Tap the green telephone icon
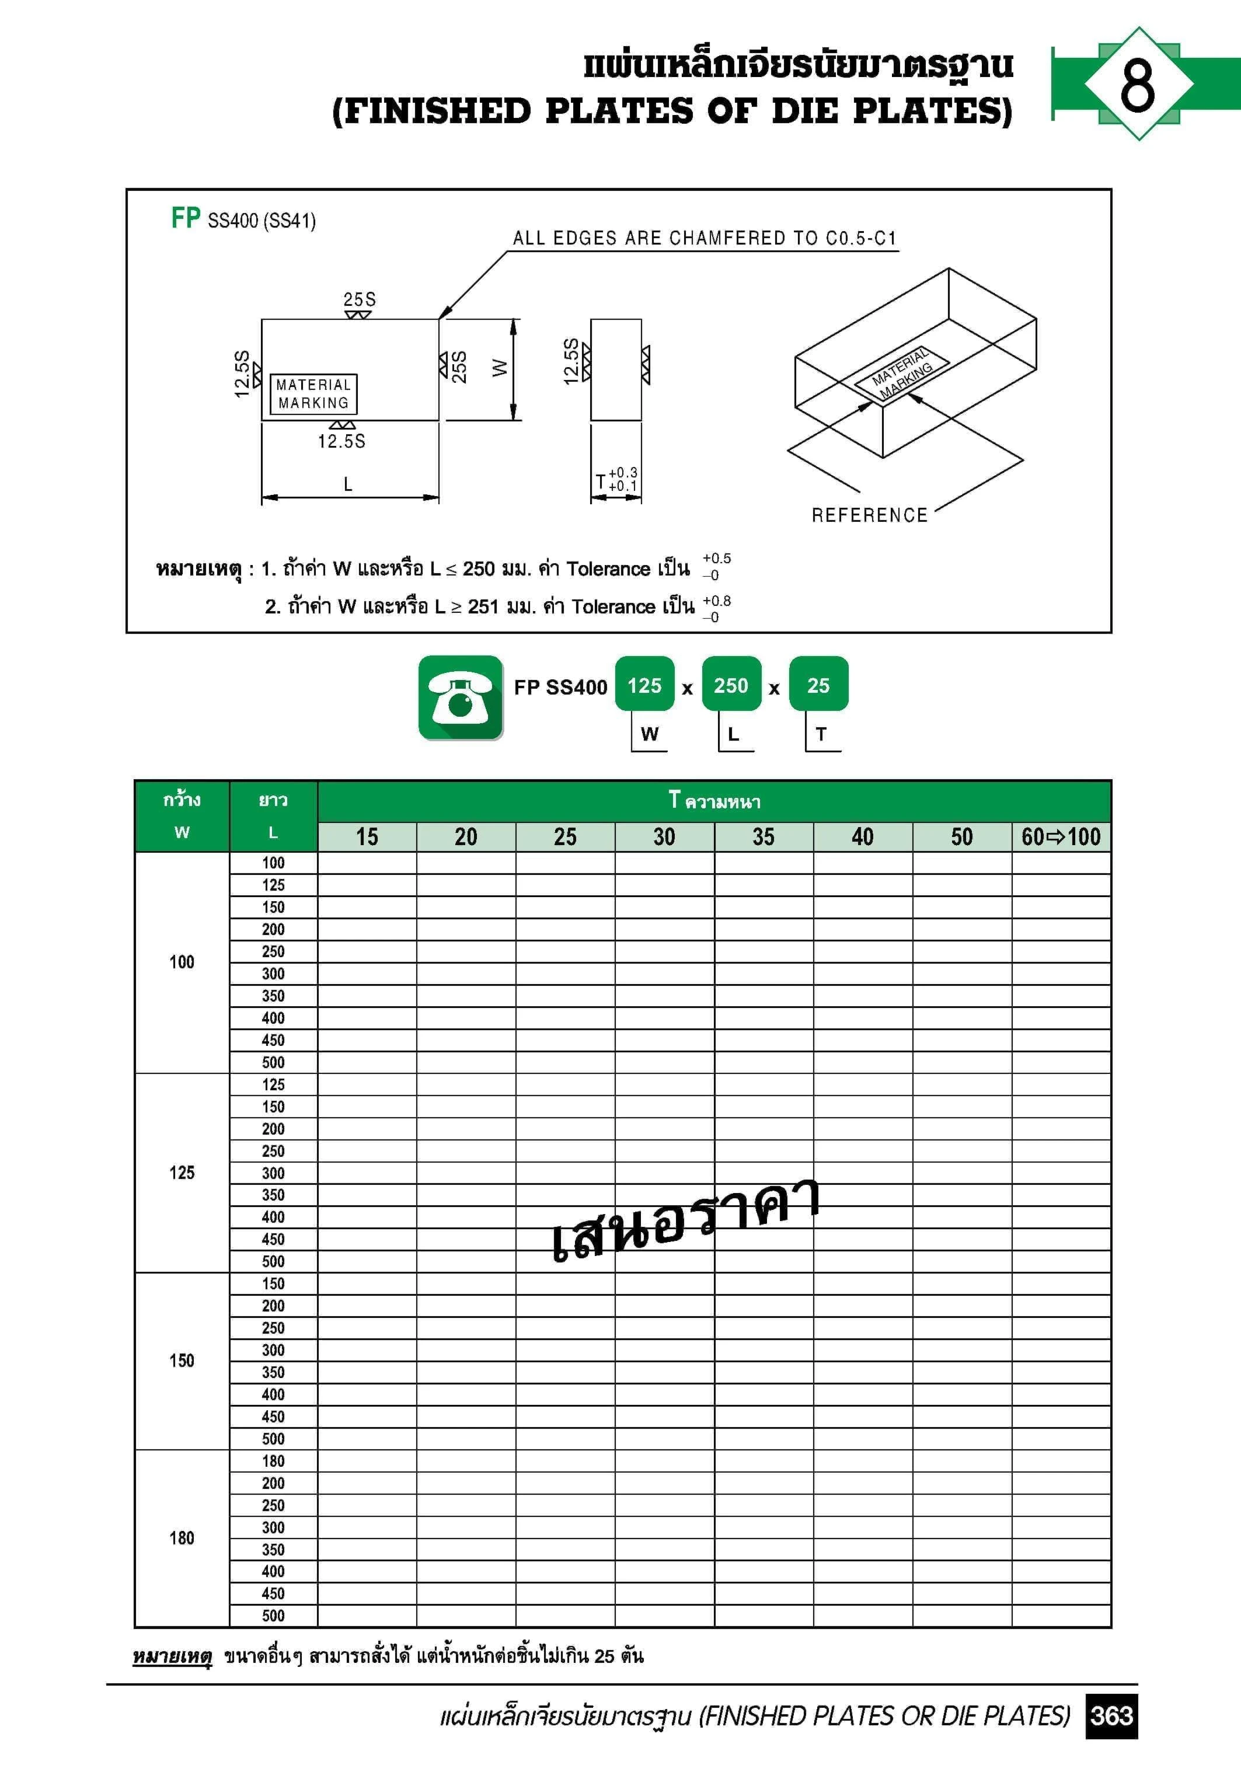[461, 697]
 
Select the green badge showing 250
[730, 685]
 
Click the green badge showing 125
[644, 685]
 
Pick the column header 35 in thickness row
[764, 836]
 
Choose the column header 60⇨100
[1061, 836]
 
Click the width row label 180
[182, 1538]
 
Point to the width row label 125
[182, 1173]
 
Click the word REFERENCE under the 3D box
[870, 515]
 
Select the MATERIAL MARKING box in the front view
[313, 393]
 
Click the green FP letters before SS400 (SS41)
[185, 218]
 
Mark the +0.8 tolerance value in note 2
[717, 601]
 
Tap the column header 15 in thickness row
[367, 836]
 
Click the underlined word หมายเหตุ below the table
[172, 1656]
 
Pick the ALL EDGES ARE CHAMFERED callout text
[705, 238]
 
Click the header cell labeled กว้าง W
[182, 815]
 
